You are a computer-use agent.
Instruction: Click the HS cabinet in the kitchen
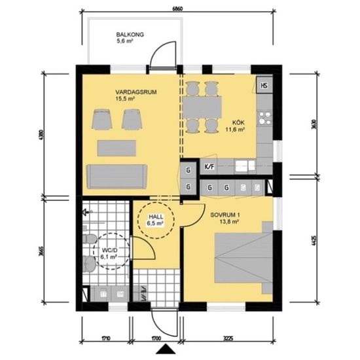pos(265,85)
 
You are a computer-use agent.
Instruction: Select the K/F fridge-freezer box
pos(210,166)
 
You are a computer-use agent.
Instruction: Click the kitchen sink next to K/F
pos(243,165)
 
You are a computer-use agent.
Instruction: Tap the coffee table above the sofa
pos(116,147)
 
